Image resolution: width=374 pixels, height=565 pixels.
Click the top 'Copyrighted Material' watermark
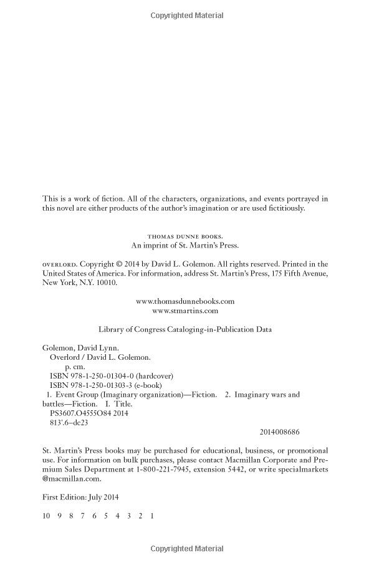coord(187,16)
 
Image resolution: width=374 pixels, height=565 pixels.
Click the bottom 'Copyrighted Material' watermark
coord(187,549)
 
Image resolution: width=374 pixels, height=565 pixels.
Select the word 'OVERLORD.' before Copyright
coord(58,264)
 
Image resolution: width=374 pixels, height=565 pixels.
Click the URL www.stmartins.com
coord(185,310)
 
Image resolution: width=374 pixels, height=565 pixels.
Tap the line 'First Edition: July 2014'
coord(80,498)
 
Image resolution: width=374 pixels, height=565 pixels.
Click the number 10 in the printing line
coord(46,516)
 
